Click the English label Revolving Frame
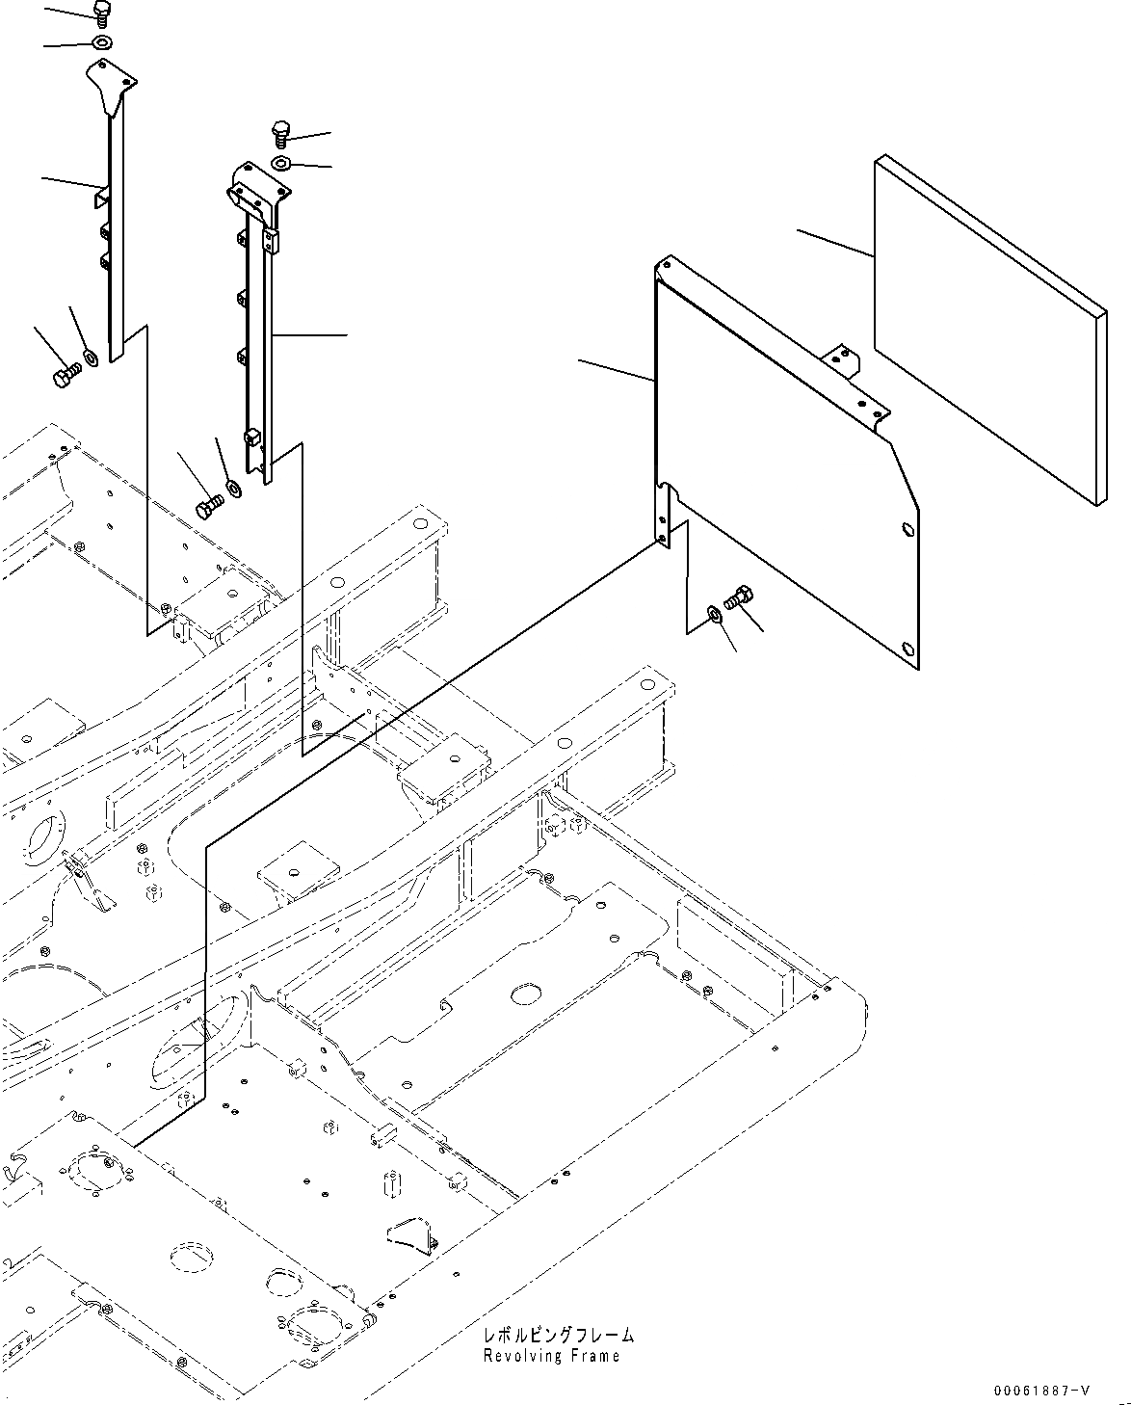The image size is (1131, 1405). pyautogui.click(x=553, y=1356)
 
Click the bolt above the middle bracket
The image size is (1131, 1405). pyautogui.click(x=282, y=132)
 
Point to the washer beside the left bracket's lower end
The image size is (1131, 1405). pyautogui.click(x=91, y=358)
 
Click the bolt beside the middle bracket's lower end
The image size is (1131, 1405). pyautogui.click(x=209, y=506)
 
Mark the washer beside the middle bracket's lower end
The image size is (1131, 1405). pyautogui.click(x=233, y=488)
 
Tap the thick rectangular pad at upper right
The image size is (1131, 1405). pyautogui.click(x=987, y=332)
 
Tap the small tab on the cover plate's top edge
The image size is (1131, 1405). pyautogui.click(x=842, y=361)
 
